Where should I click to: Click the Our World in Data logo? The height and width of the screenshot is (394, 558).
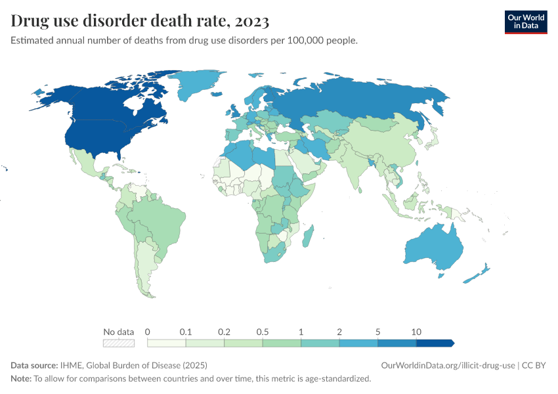tap(525, 21)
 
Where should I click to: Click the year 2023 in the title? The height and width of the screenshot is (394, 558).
tap(249, 22)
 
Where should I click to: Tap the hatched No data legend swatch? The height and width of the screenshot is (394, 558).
tap(119, 343)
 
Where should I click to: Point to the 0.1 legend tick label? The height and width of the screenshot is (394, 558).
tap(186, 332)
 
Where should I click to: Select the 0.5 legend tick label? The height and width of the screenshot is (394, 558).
tap(263, 332)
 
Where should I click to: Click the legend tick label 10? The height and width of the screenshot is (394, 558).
tap(416, 332)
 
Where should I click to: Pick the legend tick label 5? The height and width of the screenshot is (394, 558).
tap(378, 332)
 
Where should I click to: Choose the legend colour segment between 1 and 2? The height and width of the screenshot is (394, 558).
tap(320, 343)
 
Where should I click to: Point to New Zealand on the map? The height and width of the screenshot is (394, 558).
tap(478, 274)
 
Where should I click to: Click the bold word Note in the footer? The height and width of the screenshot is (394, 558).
tap(21, 378)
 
